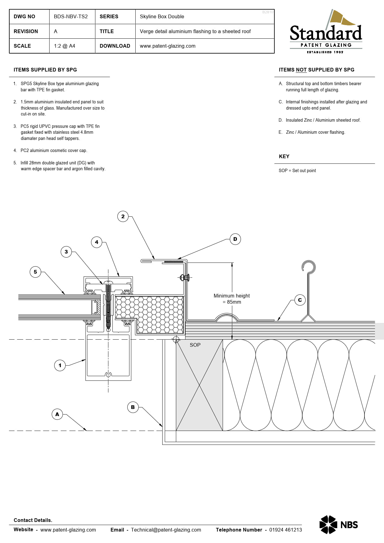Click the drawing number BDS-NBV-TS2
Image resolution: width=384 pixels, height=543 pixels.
(71, 17)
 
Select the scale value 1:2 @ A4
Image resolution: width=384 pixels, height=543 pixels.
(64, 46)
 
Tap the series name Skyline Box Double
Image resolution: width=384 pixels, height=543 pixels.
(162, 17)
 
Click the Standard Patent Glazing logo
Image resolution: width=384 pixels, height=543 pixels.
(326, 32)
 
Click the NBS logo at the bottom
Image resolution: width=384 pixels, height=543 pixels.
(338, 524)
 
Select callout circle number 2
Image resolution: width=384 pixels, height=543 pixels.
(123, 216)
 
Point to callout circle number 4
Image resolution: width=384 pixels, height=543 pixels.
(97, 242)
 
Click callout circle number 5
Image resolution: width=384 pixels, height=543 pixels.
(35, 272)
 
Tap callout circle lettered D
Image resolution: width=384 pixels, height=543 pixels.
(235, 239)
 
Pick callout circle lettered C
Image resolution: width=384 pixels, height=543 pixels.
(300, 300)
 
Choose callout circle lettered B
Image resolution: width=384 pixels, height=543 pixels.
(133, 407)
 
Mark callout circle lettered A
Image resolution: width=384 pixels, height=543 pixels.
(57, 414)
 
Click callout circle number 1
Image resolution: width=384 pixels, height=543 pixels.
(60, 365)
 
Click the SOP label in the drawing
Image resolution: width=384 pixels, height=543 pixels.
(195, 345)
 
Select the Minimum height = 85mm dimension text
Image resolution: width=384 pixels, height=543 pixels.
(232, 299)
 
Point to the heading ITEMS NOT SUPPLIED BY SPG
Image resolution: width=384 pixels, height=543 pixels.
(316, 70)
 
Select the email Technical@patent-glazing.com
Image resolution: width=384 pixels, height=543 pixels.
(166, 530)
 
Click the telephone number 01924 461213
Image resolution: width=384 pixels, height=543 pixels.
(285, 530)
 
